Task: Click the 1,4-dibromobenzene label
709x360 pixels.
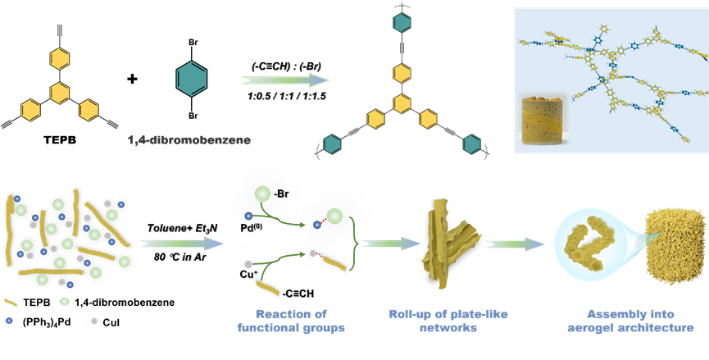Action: (x=189, y=139)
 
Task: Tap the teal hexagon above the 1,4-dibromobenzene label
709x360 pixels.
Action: (x=192, y=79)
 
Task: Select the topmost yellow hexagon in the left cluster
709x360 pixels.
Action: (x=59, y=59)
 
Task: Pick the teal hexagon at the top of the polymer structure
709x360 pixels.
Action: (x=401, y=23)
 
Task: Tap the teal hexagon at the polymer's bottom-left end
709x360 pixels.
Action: (x=333, y=144)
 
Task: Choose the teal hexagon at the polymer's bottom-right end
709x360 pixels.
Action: (x=471, y=144)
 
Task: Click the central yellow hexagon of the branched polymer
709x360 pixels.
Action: (x=401, y=103)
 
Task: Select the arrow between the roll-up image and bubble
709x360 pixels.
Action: (x=517, y=244)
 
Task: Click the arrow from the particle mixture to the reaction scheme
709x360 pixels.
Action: (x=180, y=244)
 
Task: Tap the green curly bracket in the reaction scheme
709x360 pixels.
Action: (x=353, y=243)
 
